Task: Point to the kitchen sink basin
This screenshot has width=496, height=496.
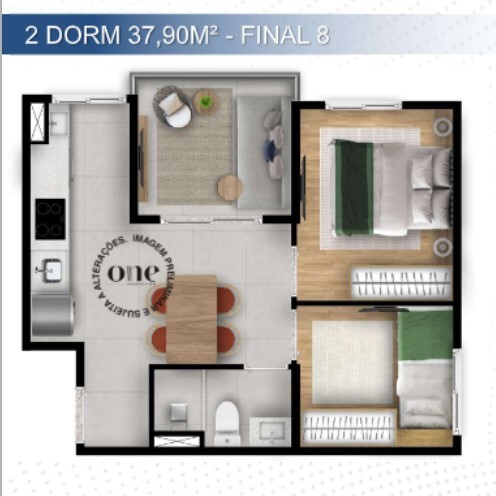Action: pyautogui.click(x=48, y=269)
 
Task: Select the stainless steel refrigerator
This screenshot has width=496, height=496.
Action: pyautogui.click(x=52, y=314)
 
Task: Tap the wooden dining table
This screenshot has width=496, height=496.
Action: pyautogui.click(x=191, y=318)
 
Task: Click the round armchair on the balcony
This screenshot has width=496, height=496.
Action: pyautogui.click(x=173, y=108)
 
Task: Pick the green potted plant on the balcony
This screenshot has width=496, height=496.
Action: pyautogui.click(x=206, y=100)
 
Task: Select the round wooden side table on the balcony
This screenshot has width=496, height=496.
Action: pyautogui.click(x=230, y=187)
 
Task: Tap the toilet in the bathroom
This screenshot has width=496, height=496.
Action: pyautogui.click(x=227, y=423)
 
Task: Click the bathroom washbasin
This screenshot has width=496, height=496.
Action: pyautogui.click(x=268, y=429)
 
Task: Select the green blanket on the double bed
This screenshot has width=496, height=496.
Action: pyautogui.click(x=353, y=187)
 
